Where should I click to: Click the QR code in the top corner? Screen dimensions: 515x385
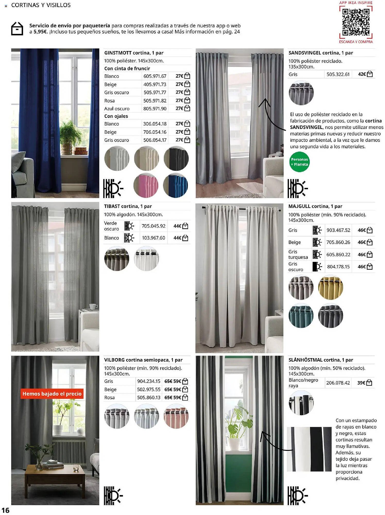pos(356,22)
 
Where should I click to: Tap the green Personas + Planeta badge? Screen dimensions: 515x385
pos(299,162)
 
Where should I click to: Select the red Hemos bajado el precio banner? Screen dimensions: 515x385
pos(52,394)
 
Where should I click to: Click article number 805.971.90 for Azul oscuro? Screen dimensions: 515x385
pos(155,109)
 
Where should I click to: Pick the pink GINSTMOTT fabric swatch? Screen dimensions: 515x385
pos(146,185)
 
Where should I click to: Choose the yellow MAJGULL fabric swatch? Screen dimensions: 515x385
pos(330,287)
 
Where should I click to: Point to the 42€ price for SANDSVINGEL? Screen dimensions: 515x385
pos(362,74)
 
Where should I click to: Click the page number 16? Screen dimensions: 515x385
pos(5,510)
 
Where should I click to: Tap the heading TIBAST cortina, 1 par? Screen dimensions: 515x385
pos(128,206)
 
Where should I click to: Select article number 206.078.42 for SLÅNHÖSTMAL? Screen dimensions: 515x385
pos(338,383)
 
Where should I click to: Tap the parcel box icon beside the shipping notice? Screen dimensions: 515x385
pos(17,29)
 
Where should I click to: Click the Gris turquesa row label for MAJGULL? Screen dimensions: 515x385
pos(298,254)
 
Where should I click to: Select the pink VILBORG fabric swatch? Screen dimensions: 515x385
pos(176,416)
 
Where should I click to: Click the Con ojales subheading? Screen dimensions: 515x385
pos(116,116)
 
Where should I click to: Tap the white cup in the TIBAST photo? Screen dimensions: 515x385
pos(93,306)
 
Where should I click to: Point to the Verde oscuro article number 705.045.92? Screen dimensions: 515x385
pos(153,226)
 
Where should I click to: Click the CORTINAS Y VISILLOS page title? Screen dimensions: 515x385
pos(41,5)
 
